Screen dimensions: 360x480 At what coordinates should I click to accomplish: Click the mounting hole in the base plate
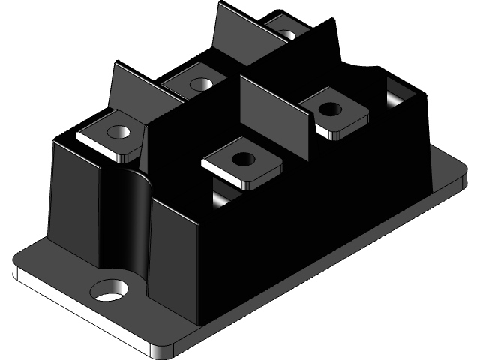click(x=111, y=289)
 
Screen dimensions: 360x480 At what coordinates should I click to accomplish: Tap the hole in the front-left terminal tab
click(x=118, y=133)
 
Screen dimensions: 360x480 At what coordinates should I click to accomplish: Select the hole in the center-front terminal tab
click(x=241, y=159)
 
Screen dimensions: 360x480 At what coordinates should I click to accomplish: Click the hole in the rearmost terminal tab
click(x=285, y=34)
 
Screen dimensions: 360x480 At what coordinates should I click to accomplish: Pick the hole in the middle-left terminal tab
click(x=199, y=84)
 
